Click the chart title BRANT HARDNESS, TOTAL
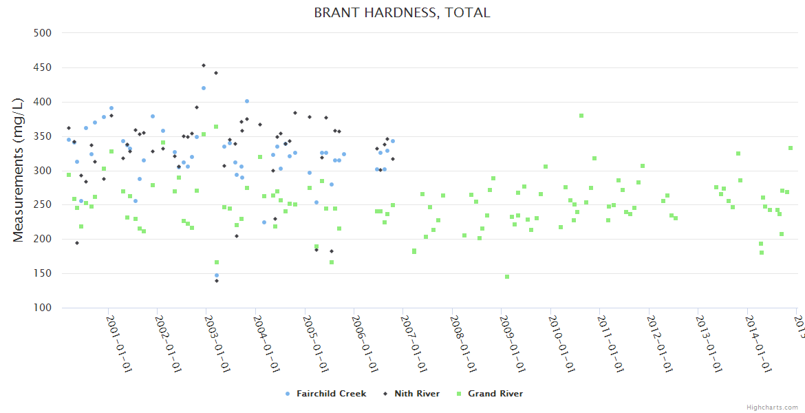pyautogui.click(x=402, y=12)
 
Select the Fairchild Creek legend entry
pyautogui.click(x=331, y=394)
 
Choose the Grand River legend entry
pyautogui.click(x=495, y=394)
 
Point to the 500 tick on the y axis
pyautogui.click(x=43, y=32)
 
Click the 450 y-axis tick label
pyautogui.click(x=43, y=67)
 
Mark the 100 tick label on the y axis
pyautogui.click(x=43, y=308)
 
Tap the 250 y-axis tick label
pyautogui.click(x=43, y=204)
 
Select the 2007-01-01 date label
pyautogui.click(x=414, y=343)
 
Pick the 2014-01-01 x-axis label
pyautogui.click(x=758, y=343)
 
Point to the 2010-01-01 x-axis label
pyautogui.click(x=561, y=343)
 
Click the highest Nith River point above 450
pyautogui.click(x=204, y=65)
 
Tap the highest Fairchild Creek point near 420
pyautogui.click(x=204, y=88)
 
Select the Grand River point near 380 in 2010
pyautogui.click(x=581, y=116)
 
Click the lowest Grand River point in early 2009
pyautogui.click(x=507, y=277)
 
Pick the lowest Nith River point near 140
pyautogui.click(x=216, y=281)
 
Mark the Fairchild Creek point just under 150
pyautogui.click(x=216, y=275)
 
